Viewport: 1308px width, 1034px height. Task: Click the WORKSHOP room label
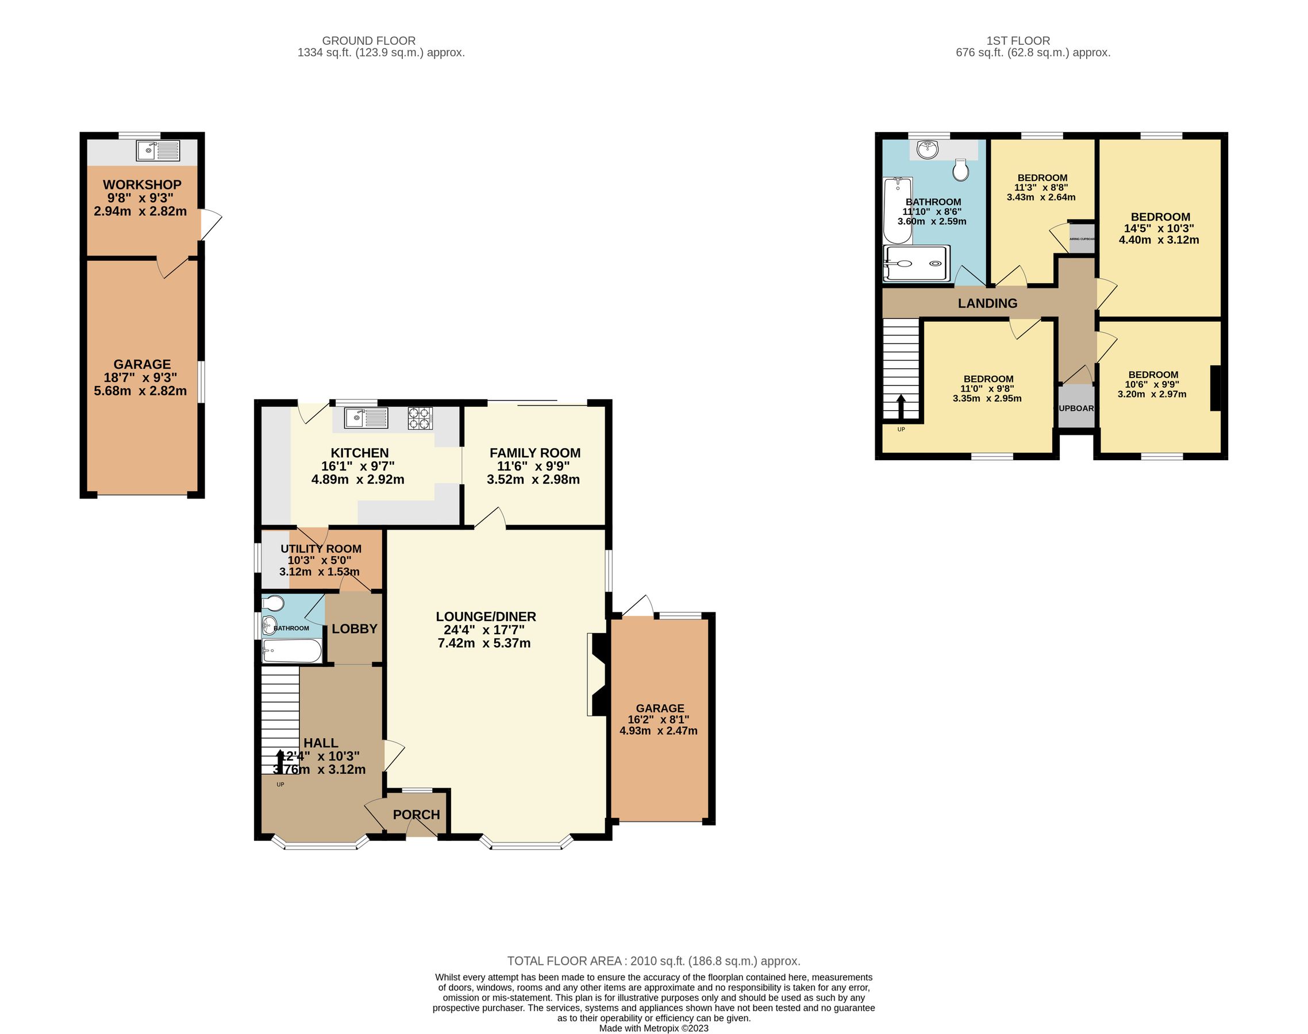point(142,184)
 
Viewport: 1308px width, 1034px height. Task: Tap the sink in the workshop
point(157,150)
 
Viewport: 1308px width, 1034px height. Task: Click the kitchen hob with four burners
point(420,418)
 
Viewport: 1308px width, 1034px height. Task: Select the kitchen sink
point(366,418)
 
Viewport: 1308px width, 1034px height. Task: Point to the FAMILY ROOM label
point(534,453)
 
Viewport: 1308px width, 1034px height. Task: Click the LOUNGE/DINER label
point(486,616)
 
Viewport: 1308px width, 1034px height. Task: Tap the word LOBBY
point(354,629)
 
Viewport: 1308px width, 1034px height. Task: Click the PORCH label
point(416,815)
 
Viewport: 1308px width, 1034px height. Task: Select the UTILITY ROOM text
point(320,549)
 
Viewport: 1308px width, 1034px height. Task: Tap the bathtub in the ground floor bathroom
point(291,652)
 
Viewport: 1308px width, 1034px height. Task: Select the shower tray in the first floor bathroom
point(917,263)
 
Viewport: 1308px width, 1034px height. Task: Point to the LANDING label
point(987,303)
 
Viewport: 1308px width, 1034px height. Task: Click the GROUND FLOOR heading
point(368,41)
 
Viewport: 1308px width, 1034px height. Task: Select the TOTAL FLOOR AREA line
point(653,960)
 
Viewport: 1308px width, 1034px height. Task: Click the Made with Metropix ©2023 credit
point(653,1028)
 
